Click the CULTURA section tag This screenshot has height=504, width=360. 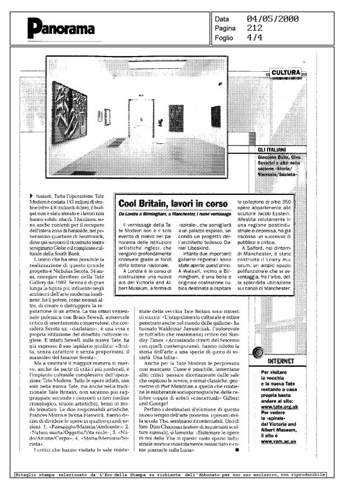pos(288,72)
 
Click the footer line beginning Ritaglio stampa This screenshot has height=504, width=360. pos(169,475)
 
